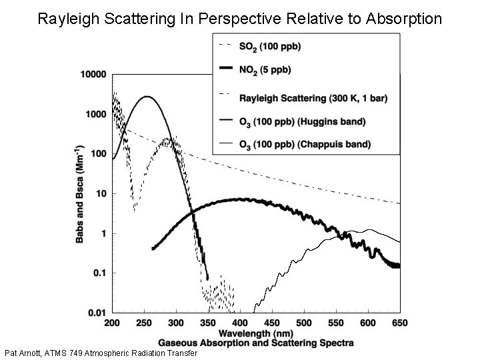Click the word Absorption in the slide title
click(x=403, y=18)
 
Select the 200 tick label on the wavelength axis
click(x=113, y=323)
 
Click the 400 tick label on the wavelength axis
click(x=240, y=323)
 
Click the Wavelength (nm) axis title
click(x=257, y=332)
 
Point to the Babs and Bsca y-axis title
click(x=79, y=193)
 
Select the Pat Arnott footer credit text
click(x=101, y=353)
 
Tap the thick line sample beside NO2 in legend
click(x=225, y=68)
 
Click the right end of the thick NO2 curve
click(x=399, y=266)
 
